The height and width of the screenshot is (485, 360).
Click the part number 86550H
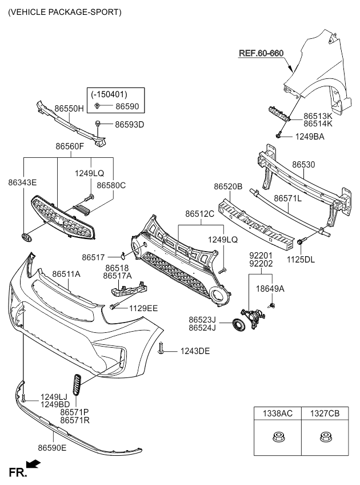tap(69, 108)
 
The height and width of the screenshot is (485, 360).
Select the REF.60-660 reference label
tap(261, 53)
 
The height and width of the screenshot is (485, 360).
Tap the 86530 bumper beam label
tap(303, 165)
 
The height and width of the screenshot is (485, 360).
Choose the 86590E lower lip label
tap(52, 447)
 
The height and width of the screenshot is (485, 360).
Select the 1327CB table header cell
tap(324, 414)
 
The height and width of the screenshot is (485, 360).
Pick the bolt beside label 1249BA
tap(278, 136)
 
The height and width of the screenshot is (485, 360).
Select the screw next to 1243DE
tap(163, 348)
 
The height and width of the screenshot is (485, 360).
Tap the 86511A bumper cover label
tap(66, 275)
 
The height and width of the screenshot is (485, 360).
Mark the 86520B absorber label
tap(229, 186)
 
